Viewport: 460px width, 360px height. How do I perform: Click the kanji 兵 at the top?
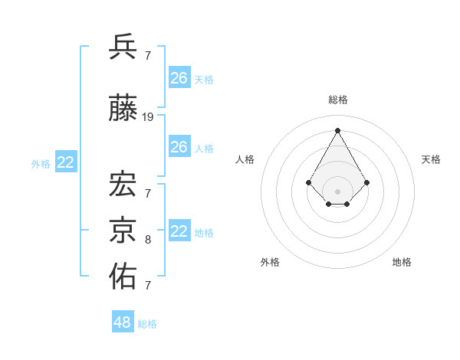click(124, 47)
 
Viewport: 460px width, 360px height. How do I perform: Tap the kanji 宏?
click(124, 184)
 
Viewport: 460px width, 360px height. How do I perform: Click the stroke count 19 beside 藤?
click(148, 117)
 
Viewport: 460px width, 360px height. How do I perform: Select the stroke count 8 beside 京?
click(148, 240)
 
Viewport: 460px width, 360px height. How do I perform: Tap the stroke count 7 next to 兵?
click(148, 55)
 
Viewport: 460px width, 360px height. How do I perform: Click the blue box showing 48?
click(123, 322)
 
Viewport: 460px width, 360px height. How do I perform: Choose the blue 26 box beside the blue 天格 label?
click(179, 78)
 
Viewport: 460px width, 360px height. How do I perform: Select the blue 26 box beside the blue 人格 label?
click(179, 147)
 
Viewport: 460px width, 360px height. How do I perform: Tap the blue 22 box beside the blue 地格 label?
click(179, 231)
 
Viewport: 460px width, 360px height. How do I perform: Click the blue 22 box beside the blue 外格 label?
click(66, 162)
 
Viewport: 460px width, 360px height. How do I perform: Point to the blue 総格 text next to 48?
click(147, 324)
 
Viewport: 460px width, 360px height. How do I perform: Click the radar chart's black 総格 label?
click(338, 100)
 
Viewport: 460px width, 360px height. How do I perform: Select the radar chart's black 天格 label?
click(431, 159)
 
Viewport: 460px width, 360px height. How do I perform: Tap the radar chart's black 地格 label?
click(402, 262)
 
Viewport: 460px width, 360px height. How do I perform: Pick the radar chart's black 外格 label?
click(270, 262)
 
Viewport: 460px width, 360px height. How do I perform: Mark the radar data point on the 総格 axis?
click(337, 130)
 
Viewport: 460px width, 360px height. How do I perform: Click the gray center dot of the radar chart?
click(337, 191)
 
